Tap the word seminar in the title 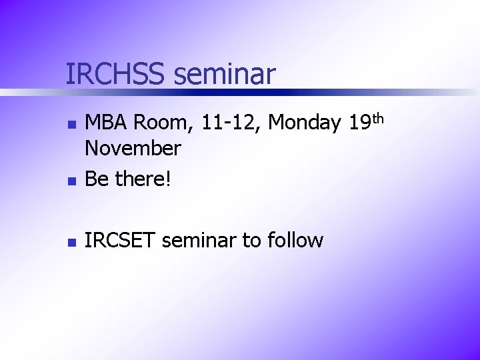click(224, 74)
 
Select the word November click(133, 148)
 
